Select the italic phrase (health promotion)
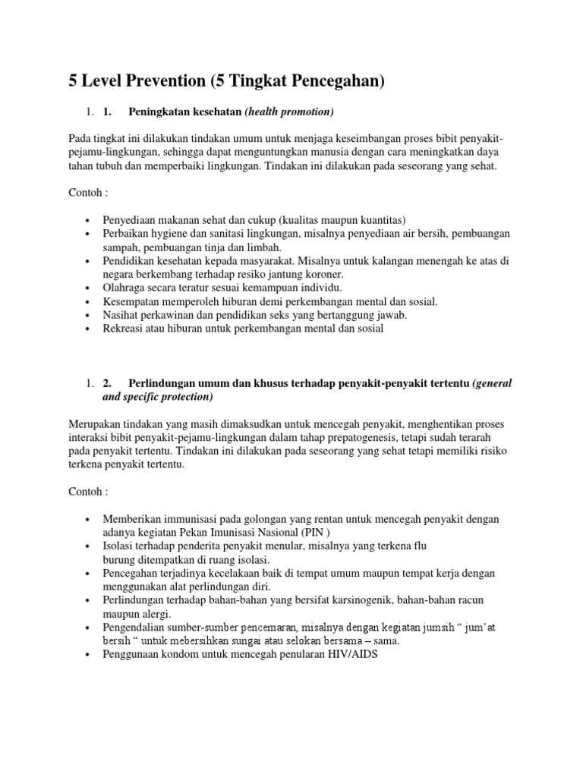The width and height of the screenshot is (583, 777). [289, 112]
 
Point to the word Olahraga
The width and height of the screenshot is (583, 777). [126, 288]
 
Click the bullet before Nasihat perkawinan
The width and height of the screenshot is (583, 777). [90, 315]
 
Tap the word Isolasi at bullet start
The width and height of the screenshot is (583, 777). [121, 546]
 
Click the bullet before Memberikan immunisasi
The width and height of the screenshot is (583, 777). [90, 519]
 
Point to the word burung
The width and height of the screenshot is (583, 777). [119, 559]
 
